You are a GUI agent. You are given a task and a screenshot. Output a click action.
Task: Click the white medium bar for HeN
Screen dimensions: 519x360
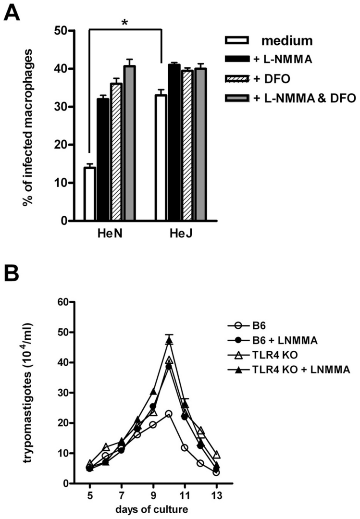click(x=89, y=194)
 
